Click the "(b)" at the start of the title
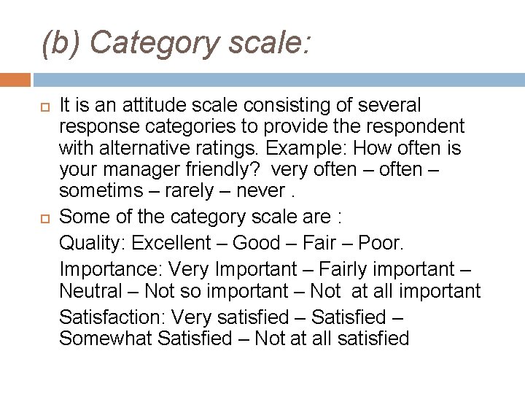pyautogui.click(x=61, y=43)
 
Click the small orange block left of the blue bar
pyautogui.click(x=15, y=79)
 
